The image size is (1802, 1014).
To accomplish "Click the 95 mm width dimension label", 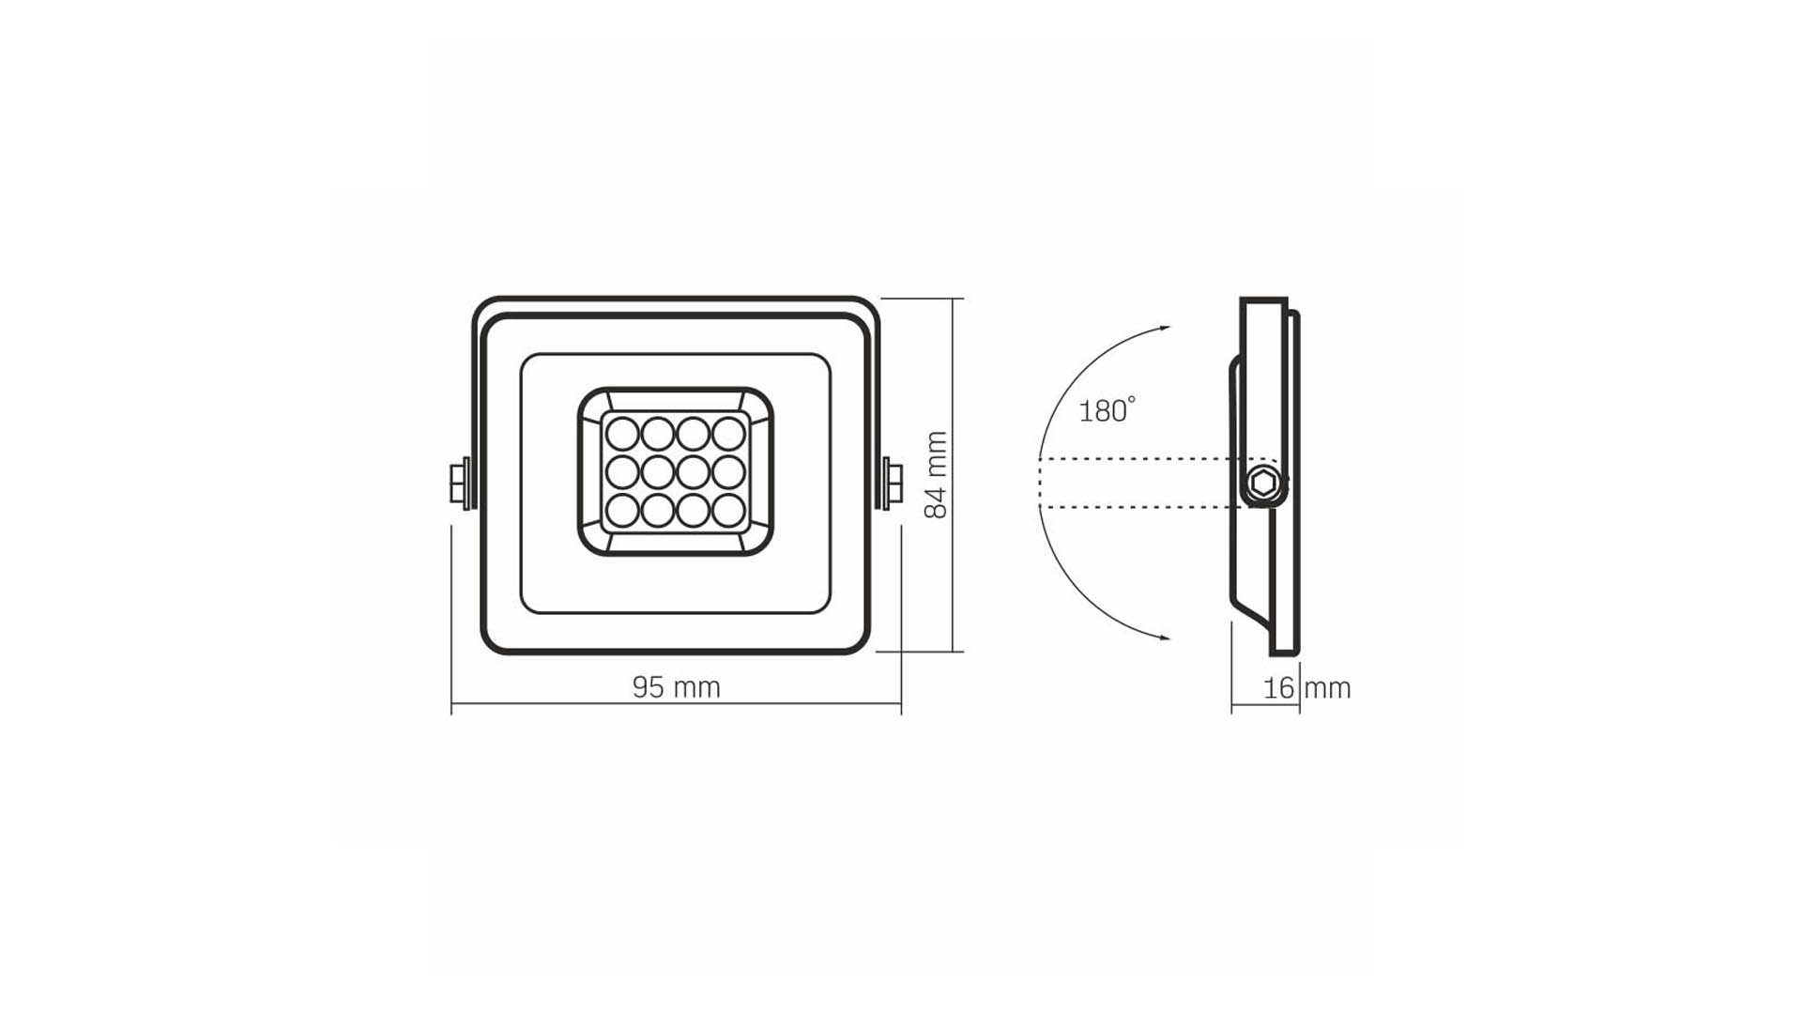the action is pyautogui.click(x=676, y=688).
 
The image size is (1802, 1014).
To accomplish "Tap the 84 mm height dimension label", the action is pyautogui.click(x=937, y=475).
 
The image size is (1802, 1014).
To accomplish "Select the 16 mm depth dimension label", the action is pyautogui.click(x=1306, y=688).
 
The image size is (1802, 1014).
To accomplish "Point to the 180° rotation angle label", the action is pyautogui.click(x=1107, y=410).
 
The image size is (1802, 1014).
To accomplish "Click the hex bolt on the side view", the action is pyautogui.click(x=1263, y=484).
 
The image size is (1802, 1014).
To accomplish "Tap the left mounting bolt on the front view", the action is pyautogui.click(x=460, y=484).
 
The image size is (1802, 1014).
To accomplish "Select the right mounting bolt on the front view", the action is pyautogui.click(x=891, y=484).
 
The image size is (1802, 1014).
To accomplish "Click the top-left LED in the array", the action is pyautogui.click(x=622, y=434).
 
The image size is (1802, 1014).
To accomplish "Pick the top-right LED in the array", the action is pyautogui.click(x=728, y=434).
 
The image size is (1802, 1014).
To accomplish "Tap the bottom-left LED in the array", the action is pyautogui.click(x=622, y=510).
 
